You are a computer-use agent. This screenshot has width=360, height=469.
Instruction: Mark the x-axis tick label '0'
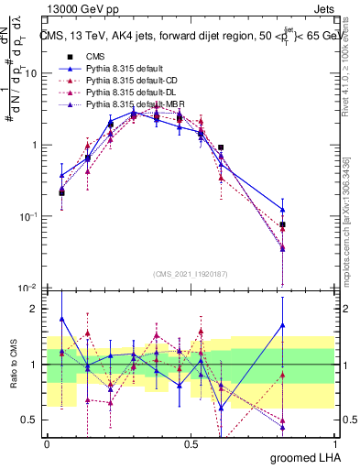[x=47, y=443]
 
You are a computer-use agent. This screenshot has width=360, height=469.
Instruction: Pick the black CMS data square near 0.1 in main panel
[x=61, y=192]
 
